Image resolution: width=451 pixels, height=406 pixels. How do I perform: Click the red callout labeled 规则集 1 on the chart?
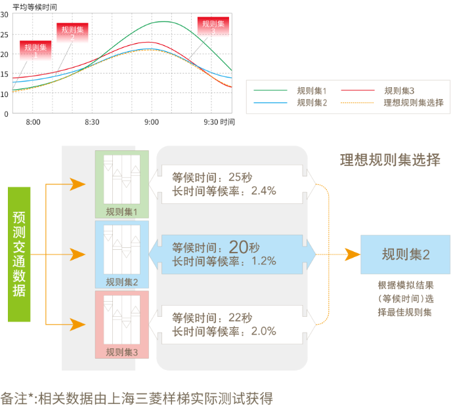pyautogui.click(x=36, y=51)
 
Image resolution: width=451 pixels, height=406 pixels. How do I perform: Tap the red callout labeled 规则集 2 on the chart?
pyautogui.click(x=72, y=33)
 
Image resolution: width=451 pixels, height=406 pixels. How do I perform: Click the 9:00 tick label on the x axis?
pyautogui.click(x=151, y=122)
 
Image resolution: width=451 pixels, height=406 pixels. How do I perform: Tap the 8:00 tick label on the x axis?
pyautogui.click(x=33, y=122)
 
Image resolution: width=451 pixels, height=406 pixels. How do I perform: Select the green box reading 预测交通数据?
pyautogui.click(x=19, y=254)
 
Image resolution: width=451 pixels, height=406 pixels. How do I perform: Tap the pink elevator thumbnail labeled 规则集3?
pyautogui.click(x=121, y=321)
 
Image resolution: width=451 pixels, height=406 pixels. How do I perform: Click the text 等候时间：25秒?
pyautogui.click(x=212, y=177)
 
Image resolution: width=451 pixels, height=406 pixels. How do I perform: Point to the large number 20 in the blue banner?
pyautogui.click(x=238, y=247)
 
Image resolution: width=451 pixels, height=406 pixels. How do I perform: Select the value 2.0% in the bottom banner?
pyautogui.click(x=262, y=331)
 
